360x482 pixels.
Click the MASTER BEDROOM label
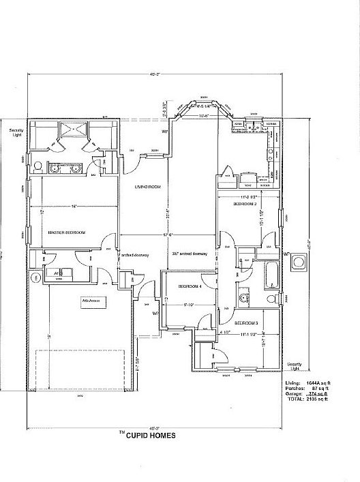click(66, 233)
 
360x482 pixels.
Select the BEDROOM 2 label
click(245, 204)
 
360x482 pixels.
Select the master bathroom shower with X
click(70, 130)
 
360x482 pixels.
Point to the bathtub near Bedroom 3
click(271, 275)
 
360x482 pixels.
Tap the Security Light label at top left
click(15, 132)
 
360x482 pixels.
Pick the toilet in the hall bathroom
click(271, 299)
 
